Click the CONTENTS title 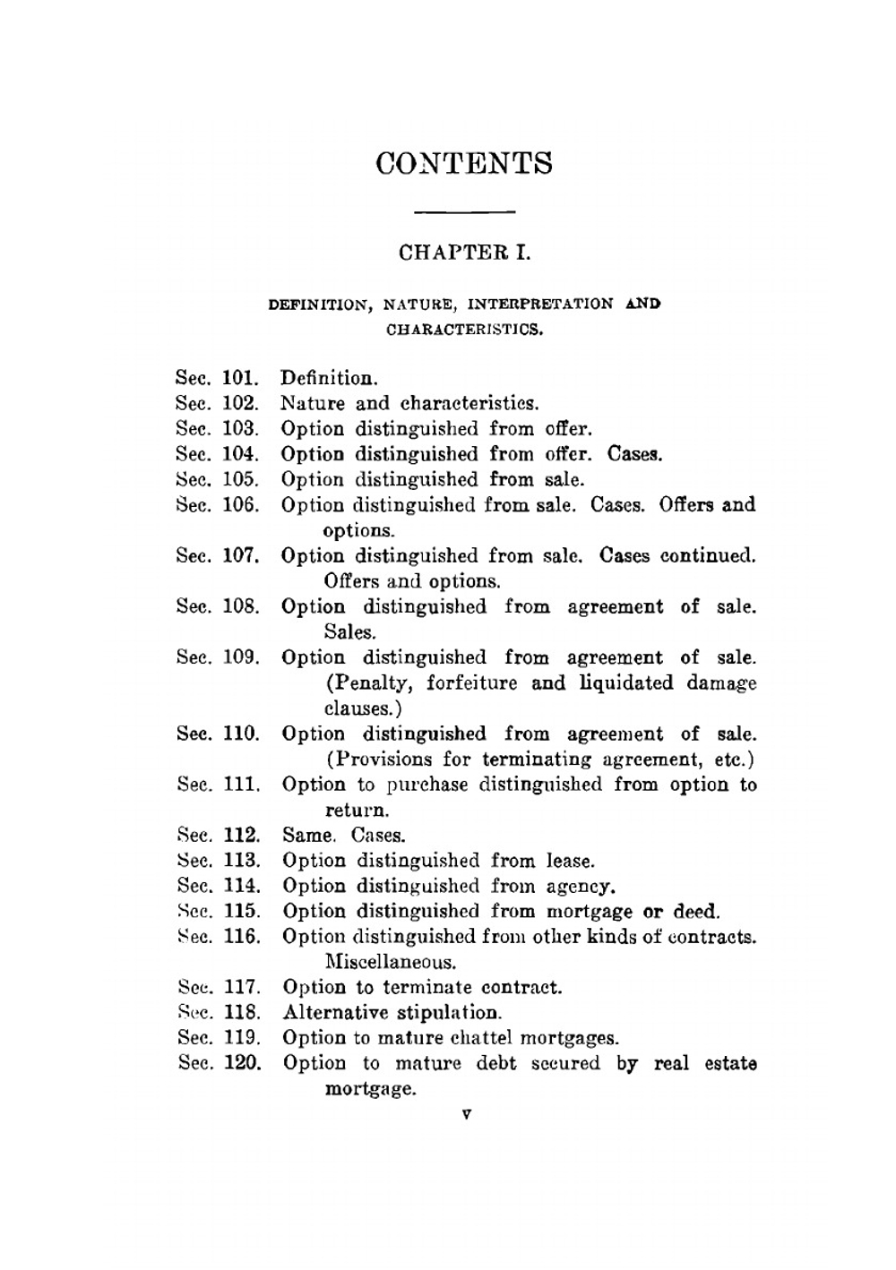point(464,164)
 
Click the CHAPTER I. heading point(464,253)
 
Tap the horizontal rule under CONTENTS point(466,212)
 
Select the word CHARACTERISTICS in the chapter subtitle point(464,329)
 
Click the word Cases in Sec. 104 point(634,454)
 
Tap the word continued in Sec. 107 point(708,555)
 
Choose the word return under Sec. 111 point(357,811)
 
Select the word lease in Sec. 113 point(570,861)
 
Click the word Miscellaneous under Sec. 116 point(390,963)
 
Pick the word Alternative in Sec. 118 point(336,1013)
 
